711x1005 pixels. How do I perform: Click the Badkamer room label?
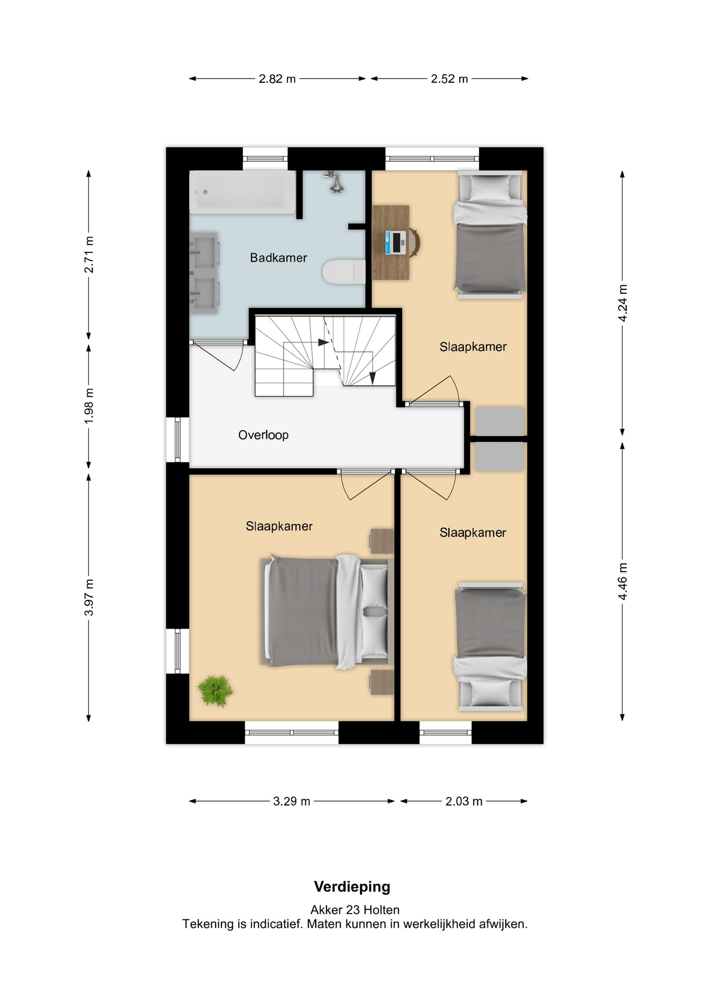coord(278,258)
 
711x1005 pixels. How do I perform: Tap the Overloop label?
coord(263,435)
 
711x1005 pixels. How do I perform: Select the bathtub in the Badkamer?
coord(242,192)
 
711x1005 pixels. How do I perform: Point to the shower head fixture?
coord(336,182)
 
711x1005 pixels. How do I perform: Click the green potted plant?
coord(215,690)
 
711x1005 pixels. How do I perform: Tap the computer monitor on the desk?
coord(398,242)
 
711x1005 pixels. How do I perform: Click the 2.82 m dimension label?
coord(277,79)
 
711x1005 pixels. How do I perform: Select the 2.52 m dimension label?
coord(449,79)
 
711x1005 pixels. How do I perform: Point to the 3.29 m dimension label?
coord(292,801)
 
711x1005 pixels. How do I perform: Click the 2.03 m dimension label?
coord(464,801)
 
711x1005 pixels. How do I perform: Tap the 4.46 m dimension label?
coord(623,582)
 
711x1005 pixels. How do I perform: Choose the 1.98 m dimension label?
coord(89,406)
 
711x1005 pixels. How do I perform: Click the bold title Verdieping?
coord(352,887)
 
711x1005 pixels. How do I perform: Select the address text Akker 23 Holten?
coord(355,910)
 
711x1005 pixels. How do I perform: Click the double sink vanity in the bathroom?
coord(204,273)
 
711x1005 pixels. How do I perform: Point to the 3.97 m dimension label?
coord(89,597)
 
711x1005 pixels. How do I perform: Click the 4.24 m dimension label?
coord(623,303)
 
